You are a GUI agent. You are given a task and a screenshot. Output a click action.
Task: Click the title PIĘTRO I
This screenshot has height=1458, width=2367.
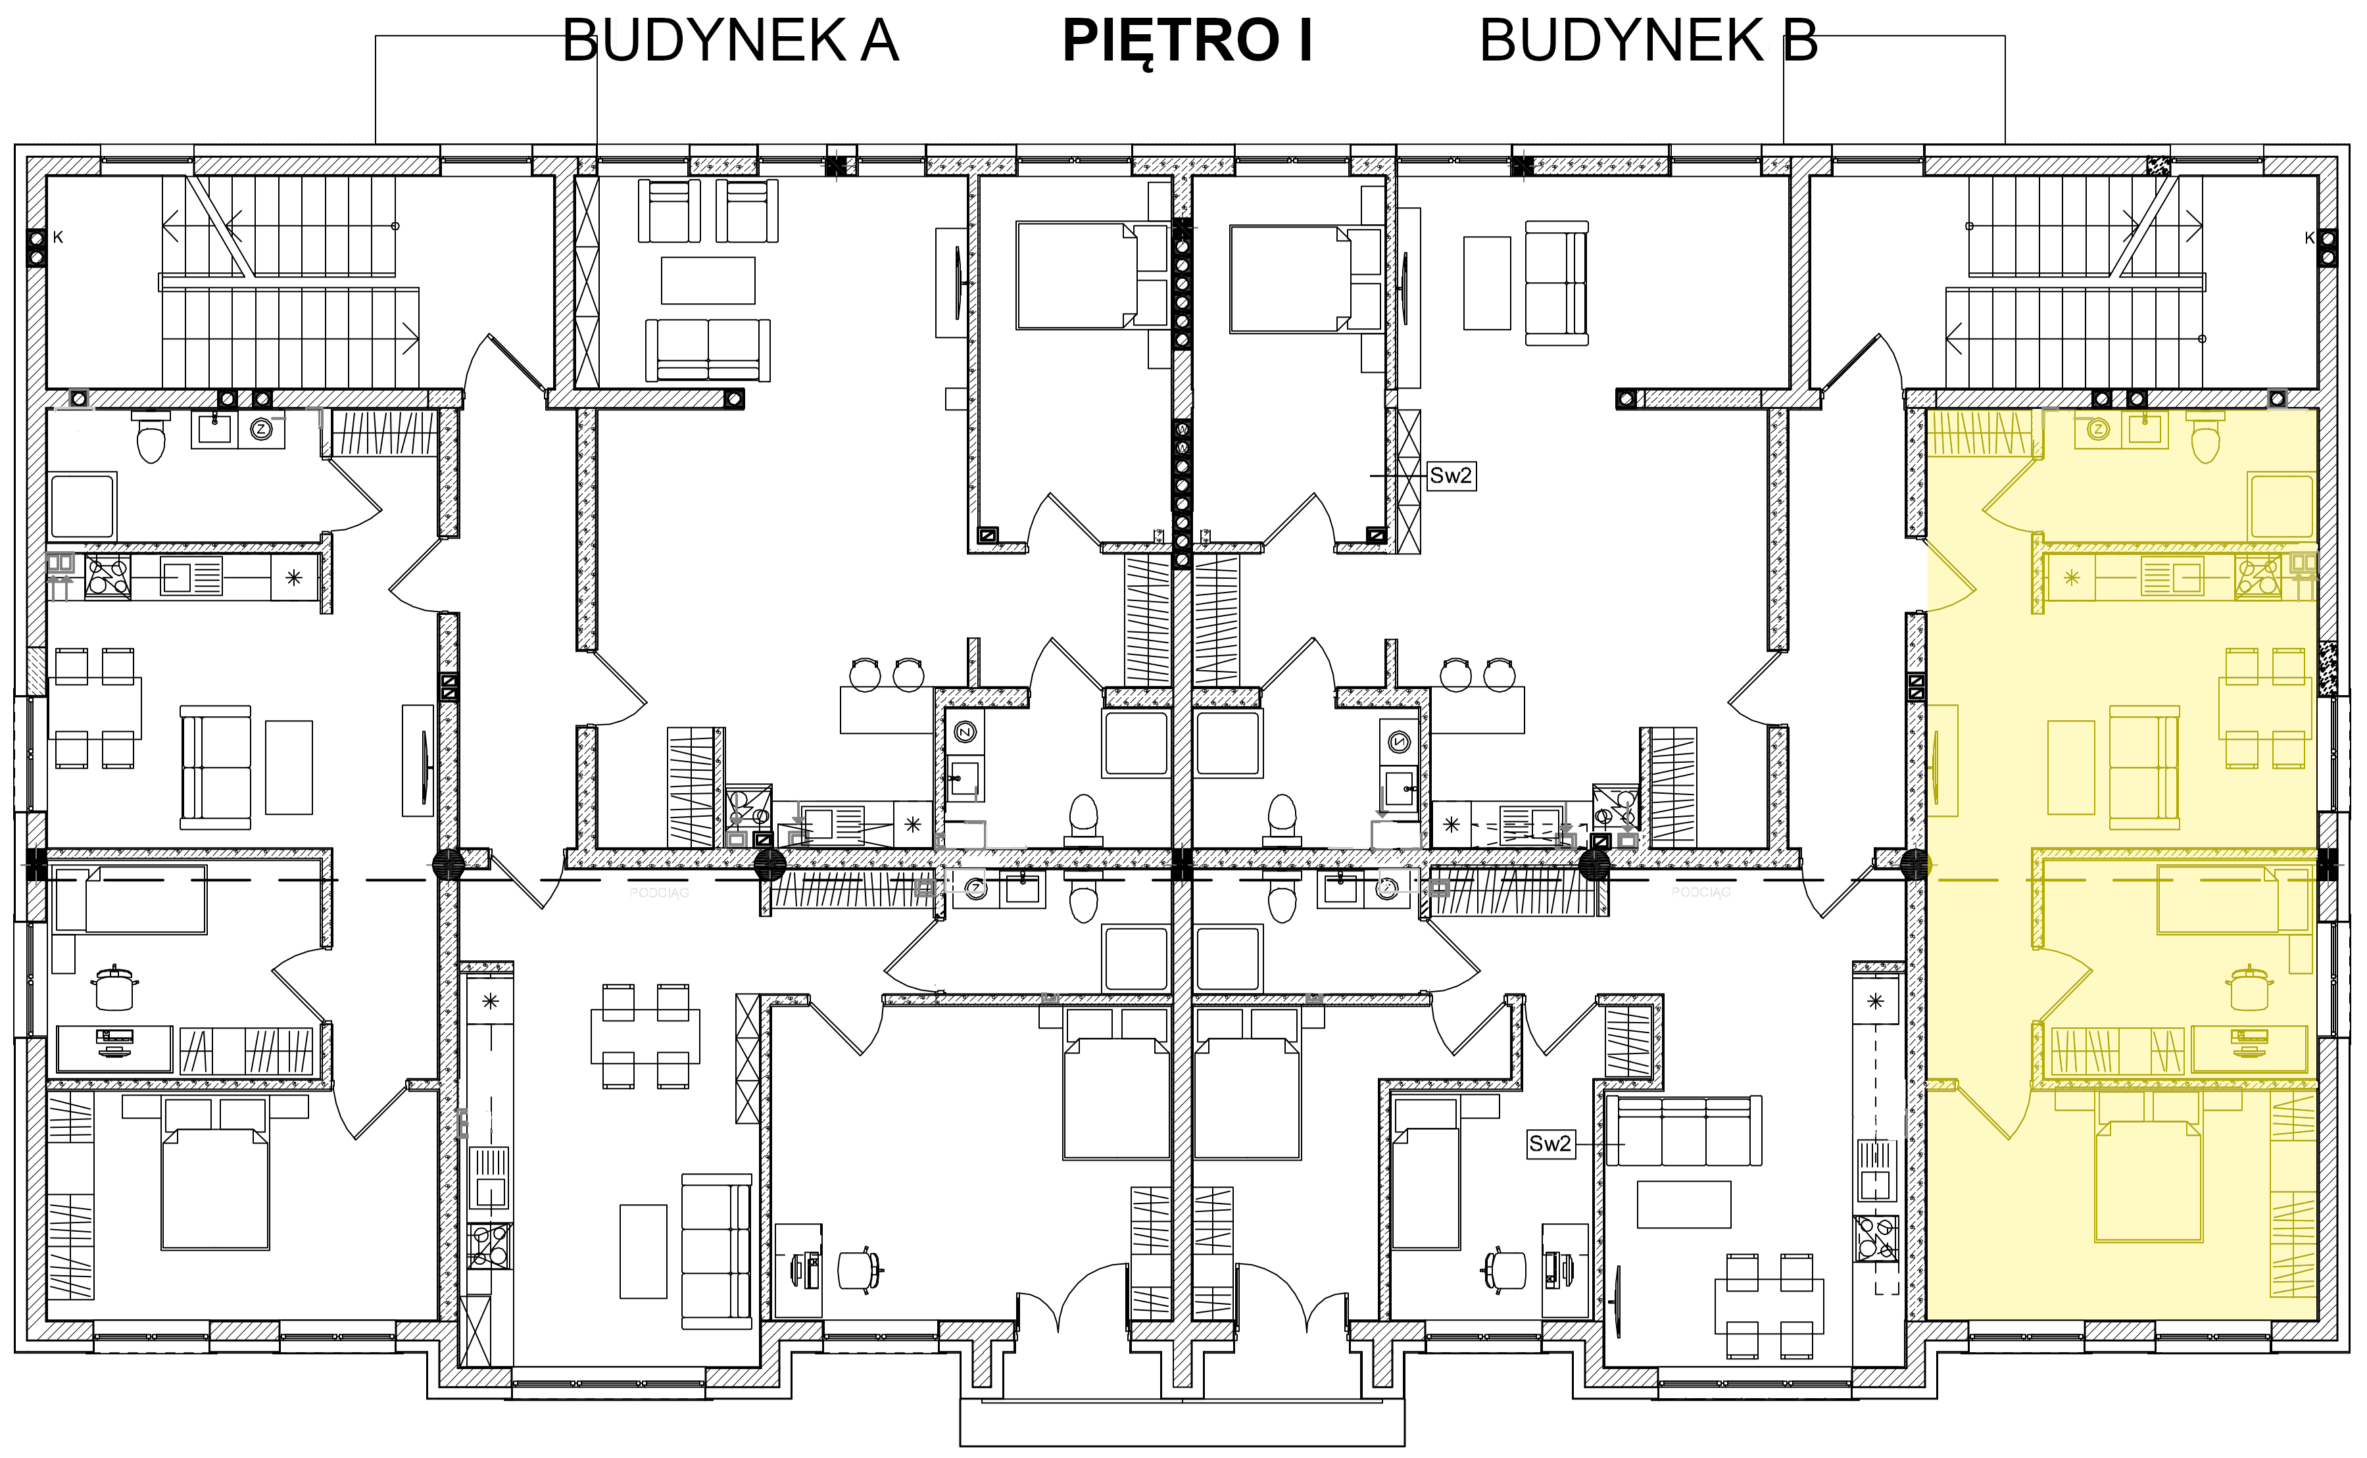click(x=1187, y=41)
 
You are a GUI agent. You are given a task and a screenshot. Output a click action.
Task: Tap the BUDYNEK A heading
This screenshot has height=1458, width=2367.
click(x=730, y=41)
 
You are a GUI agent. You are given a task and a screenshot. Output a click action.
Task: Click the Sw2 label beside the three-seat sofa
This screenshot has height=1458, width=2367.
click(x=1550, y=1144)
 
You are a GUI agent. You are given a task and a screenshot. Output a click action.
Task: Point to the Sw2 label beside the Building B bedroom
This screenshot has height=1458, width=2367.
click(x=1451, y=475)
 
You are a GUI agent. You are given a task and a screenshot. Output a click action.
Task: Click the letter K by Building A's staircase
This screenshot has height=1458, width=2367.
click(x=58, y=237)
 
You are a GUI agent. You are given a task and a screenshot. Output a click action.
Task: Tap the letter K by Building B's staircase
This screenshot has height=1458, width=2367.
click(x=2309, y=237)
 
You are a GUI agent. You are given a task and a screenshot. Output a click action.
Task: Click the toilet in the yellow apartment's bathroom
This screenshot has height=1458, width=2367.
click(x=2206, y=440)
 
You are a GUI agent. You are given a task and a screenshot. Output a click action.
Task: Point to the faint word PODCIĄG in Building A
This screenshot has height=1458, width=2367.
click(x=660, y=893)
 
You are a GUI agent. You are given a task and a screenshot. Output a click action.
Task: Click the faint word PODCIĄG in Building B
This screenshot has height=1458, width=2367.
click(x=1701, y=893)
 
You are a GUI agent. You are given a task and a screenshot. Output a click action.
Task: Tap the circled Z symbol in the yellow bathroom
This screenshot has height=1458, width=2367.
click(x=2098, y=430)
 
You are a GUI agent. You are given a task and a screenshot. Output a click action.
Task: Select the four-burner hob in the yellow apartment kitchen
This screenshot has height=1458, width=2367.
click(x=2258, y=577)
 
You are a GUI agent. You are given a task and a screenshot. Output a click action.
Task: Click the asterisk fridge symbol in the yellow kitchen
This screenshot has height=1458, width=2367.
click(x=2071, y=579)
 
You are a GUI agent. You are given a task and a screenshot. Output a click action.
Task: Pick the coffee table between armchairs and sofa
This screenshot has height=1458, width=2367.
click(x=708, y=281)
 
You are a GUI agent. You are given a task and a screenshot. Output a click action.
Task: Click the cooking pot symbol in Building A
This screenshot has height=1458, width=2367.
click(x=114, y=987)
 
